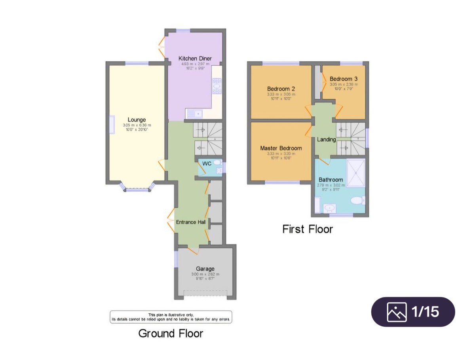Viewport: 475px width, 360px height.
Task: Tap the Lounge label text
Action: (137, 120)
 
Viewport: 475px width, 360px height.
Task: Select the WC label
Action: (207, 163)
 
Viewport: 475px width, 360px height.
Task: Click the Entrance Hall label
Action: (191, 222)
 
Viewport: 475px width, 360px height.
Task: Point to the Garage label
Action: (205, 269)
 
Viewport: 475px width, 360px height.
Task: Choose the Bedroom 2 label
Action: (281, 89)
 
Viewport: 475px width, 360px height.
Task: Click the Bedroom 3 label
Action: (344, 79)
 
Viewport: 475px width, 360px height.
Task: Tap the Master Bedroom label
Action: (281, 148)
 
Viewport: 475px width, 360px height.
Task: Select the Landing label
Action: (326, 140)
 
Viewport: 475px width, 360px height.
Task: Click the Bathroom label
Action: (331, 180)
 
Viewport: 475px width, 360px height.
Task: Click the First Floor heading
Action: (308, 229)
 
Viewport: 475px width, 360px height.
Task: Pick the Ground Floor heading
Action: (171, 333)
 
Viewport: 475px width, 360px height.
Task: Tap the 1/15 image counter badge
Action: (413, 312)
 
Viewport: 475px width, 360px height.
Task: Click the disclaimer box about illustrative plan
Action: (171, 317)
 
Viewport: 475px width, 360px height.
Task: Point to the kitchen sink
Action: (195, 114)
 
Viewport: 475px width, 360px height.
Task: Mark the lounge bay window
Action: (137, 188)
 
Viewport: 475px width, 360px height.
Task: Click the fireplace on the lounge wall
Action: (112, 125)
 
